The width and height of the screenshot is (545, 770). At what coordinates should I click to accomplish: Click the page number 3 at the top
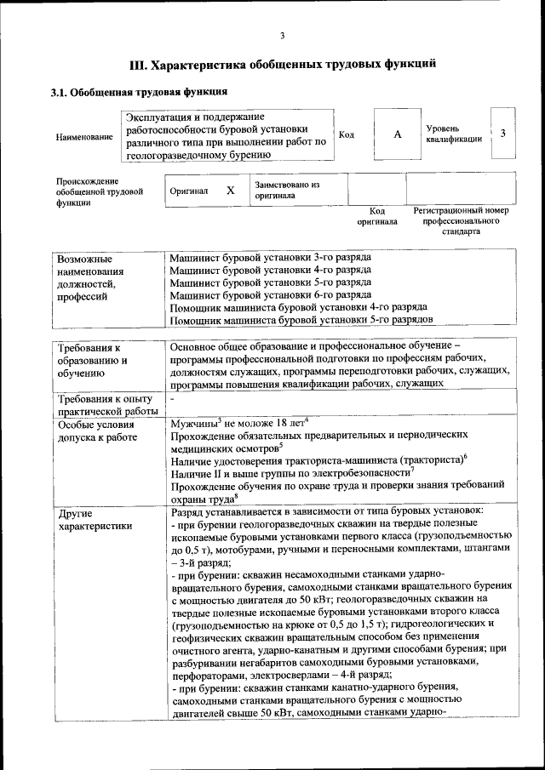coord(282,35)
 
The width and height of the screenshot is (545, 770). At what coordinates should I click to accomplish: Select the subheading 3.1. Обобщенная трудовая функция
coord(139,92)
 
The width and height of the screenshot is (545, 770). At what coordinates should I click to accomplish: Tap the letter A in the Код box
coord(397,134)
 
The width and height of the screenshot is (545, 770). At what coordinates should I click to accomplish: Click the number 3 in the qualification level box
coord(503,134)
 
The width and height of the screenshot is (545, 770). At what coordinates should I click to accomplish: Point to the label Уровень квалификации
coord(455,134)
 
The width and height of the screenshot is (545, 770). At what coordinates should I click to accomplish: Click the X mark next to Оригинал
coord(230,191)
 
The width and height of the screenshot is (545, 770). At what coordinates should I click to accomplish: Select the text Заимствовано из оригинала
coord(286,190)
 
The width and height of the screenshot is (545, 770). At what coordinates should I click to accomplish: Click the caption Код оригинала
coord(377,216)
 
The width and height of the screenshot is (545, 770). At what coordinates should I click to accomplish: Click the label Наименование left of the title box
coord(84,136)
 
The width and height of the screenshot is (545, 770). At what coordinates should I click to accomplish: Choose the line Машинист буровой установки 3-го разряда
coord(270,257)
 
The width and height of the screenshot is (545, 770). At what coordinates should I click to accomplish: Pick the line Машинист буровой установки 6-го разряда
coord(270,294)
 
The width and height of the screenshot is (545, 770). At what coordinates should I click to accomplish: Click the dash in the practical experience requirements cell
coord(172,397)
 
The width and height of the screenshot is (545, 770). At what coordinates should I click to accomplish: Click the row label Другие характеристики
coord(94,519)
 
